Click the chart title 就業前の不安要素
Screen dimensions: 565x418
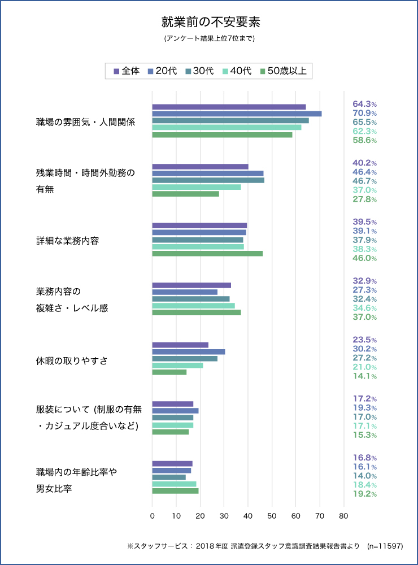(209, 23)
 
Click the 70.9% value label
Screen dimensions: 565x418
(364, 114)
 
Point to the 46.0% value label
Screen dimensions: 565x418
(364, 258)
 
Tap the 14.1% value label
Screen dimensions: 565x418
(364, 376)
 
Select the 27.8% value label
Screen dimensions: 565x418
(364, 199)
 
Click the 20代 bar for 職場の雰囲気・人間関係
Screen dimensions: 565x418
(237, 114)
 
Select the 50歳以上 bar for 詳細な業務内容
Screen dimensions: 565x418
(207, 253)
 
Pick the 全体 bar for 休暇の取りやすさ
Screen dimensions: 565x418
(180, 345)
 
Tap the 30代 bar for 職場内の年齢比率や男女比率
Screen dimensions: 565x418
(169, 477)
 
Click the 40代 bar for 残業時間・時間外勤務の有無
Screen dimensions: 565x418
(197, 187)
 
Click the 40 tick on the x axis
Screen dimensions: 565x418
(248, 516)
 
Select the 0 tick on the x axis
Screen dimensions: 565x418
(153, 516)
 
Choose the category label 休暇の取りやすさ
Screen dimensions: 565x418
(72, 361)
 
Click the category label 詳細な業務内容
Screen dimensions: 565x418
(67, 241)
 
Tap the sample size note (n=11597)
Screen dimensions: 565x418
(385, 546)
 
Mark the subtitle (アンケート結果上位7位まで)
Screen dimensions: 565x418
(209, 39)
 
